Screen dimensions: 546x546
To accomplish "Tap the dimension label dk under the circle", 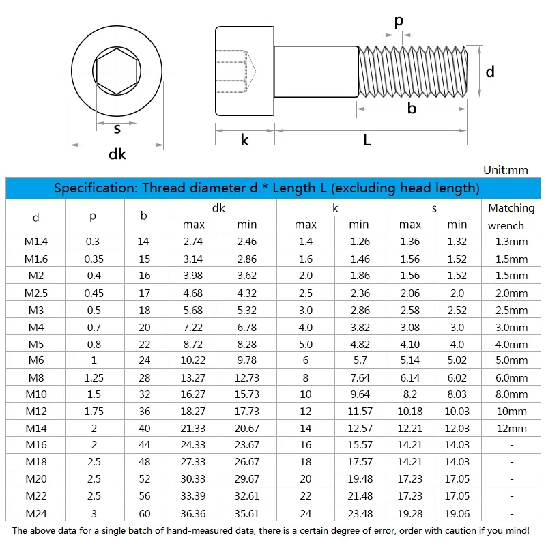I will click(117, 155).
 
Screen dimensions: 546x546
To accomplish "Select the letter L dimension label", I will click(367, 141).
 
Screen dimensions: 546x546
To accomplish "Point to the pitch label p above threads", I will click(399, 21).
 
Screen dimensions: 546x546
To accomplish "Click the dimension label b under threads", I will click(412, 109).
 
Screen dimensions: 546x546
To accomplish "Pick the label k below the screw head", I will click(244, 141).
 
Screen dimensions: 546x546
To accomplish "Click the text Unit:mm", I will click(506, 170).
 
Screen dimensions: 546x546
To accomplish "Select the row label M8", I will click(35, 377).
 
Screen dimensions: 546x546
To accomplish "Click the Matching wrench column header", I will click(511, 216).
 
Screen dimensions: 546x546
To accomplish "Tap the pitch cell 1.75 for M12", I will click(94, 412).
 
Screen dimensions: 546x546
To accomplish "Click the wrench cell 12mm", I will click(511, 429).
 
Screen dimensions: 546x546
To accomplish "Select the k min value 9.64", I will click(358, 394).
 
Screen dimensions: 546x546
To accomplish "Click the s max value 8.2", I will click(409, 394).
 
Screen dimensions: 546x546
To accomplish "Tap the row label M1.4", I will click(35, 241).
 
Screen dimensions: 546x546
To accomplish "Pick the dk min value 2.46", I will click(246, 241).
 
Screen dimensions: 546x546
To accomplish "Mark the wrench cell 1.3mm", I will click(511, 241).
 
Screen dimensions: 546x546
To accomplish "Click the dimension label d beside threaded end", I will click(489, 72).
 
